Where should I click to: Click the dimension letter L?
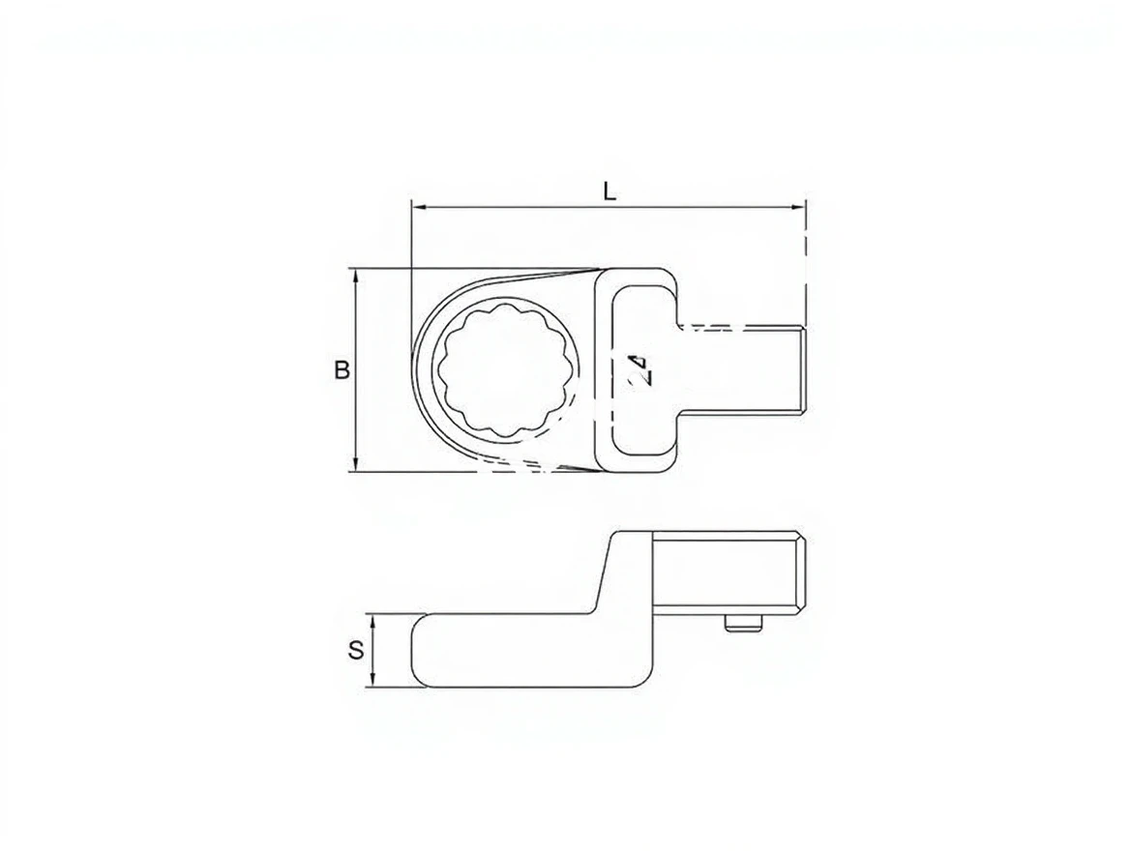[x=610, y=191]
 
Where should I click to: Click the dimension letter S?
[x=356, y=650]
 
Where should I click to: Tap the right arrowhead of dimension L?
[x=798, y=208]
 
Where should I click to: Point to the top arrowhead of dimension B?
[x=354, y=276]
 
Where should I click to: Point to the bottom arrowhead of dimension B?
[x=354, y=465]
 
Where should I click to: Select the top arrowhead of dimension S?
[x=372, y=621]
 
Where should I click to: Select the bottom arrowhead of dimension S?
[x=372, y=680]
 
